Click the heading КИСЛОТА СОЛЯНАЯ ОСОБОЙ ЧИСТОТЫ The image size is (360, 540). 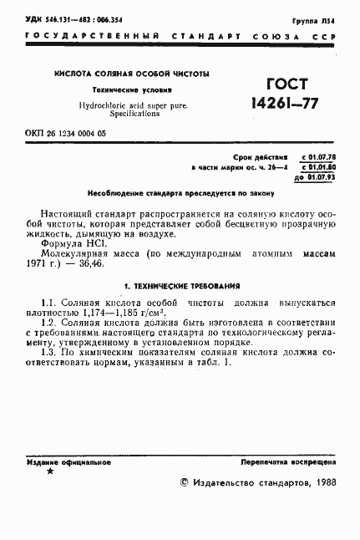tap(132, 74)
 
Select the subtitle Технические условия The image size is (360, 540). tap(131, 90)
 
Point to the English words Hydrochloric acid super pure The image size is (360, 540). tap(133, 105)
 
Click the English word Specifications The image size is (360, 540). tap(133, 114)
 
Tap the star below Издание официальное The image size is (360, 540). tap(49, 471)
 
